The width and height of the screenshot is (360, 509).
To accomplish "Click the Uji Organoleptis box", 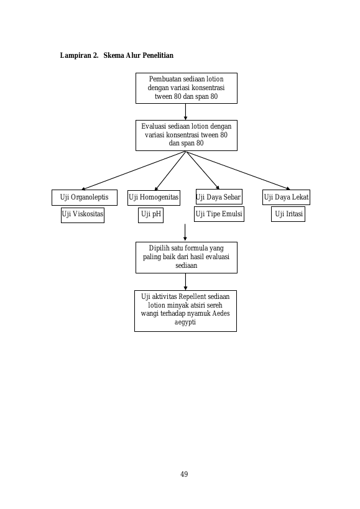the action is tap(85, 198).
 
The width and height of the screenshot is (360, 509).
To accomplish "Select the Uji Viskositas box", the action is tap(83, 215).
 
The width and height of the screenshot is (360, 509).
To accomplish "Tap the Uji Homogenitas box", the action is tap(154, 198).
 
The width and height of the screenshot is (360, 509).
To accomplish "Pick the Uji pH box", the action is tap(150, 215).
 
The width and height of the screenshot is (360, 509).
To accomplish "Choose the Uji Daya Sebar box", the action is tap(219, 197).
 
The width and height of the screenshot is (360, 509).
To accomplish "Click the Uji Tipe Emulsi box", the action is tap(219, 214).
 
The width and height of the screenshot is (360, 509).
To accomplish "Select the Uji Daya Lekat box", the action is tap(286, 198).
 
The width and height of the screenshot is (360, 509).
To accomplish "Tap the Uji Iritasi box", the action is tap(288, 214).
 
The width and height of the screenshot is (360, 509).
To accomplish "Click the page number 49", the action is tap(184, 474).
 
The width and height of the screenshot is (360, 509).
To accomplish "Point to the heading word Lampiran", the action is tap(76, 55).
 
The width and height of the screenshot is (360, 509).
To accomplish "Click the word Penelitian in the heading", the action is tap(158, 55).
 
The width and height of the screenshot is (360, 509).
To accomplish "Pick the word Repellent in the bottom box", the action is tap(192, 296).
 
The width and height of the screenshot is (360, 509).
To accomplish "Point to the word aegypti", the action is tap(185, 323).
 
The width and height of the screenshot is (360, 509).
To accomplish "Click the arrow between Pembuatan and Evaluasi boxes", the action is tap(186, 112).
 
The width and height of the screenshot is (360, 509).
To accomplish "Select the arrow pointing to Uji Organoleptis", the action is tap(134, 170).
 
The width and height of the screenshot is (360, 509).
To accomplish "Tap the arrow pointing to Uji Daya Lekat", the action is tap(238, 170).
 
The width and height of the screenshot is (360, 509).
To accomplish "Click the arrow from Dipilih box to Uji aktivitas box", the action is tap(186, 282).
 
